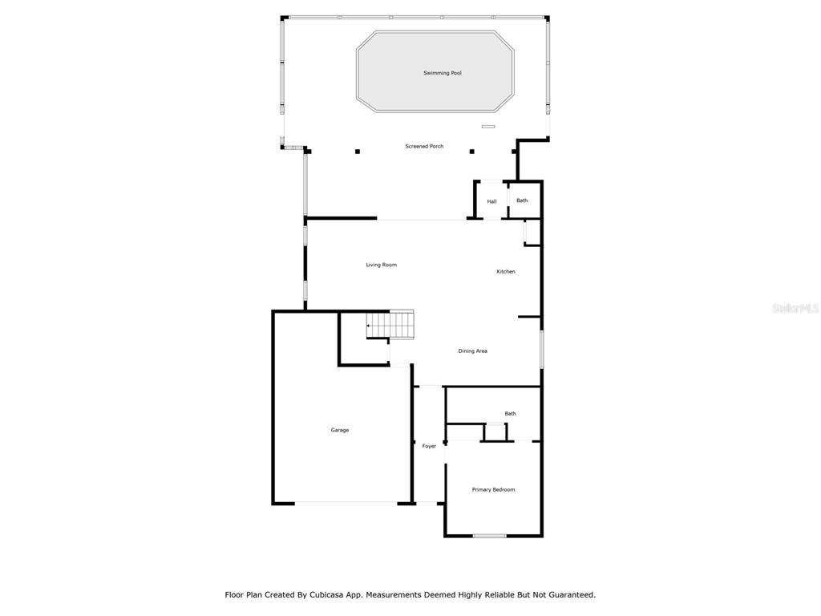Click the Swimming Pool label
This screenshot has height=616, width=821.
point(443,73)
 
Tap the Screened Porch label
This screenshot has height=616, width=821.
point(424,146)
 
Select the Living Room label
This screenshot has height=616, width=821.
point(381,265)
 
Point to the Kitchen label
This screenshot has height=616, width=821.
point(506,271)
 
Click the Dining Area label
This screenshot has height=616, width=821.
point(473,351)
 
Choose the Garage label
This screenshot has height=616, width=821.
point(340,430)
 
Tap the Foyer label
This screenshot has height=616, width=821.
point(429,446)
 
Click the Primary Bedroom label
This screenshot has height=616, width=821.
point(493,490)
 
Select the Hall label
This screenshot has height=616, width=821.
point(491,201)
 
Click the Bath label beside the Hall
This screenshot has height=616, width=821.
point(522,201)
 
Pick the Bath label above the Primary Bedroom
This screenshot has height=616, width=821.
point(510,414)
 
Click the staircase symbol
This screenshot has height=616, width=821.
point(390,325)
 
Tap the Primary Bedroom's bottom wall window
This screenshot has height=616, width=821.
point(490,536)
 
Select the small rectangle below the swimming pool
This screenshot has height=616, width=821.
point(488,126)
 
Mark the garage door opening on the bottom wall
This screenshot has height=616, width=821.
point(346,504)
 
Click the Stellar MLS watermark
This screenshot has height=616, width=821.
point(795,308)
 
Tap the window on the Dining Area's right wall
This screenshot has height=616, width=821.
point(542,349)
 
